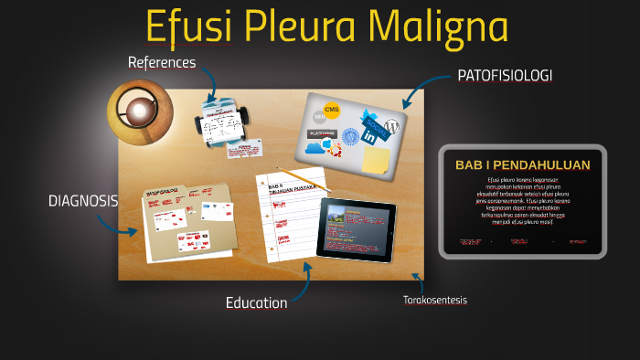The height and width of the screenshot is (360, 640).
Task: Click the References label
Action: pyautogui.click(x=162, y=62)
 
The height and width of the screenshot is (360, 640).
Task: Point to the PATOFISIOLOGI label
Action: pyautogui.click(x=505, y=76)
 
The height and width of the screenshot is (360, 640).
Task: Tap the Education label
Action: pyautogui.click(x=257, y=302)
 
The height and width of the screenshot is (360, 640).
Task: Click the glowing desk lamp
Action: pyautogui.click(x=139, y=112)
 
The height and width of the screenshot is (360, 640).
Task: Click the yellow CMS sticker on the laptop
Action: pyautogui.click(x=331, y=111)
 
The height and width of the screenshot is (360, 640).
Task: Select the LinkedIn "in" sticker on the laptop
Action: pyautogui.click(x=369, y=136)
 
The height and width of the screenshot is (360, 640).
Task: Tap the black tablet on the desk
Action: pyautogui.click(x=357, y=228)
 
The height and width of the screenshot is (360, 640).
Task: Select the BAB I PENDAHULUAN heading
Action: pyautogui.click(x=522, y=165)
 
